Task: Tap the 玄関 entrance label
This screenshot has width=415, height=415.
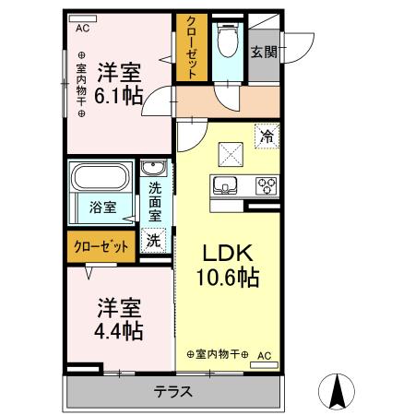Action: [x=263, y=52]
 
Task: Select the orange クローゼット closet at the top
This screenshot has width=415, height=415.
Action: [x=191, y=46]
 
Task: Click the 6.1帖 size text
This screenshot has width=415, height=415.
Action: [x=119, y=95]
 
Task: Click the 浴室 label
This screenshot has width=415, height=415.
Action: [x=102, y=207]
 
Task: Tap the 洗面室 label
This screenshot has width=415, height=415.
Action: [x=155, y=201]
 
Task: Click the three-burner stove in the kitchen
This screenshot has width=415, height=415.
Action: [x=266, y=184]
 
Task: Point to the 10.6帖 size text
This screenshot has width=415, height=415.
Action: [x=226, y=277]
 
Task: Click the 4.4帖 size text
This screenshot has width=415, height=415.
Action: [x=119, y=327]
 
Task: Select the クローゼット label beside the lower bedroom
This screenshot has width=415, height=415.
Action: [x=98, y=246]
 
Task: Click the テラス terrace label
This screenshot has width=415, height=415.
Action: [x=172, y=391]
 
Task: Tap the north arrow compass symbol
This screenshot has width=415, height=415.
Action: [x=338, y=392]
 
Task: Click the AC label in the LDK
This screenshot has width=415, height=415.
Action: [x=264, y=354]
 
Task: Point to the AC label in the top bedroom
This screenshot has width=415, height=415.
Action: [x=83, y=28]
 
